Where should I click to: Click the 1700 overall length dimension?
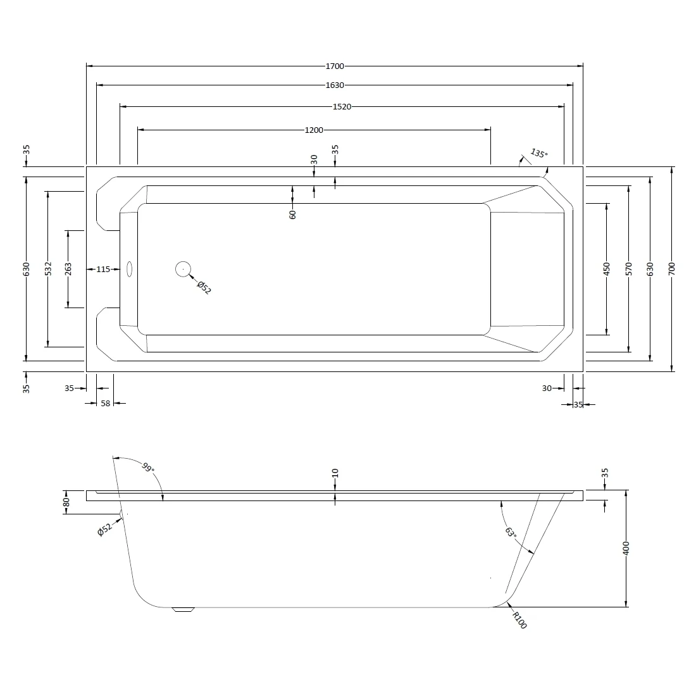[x=335, y=66]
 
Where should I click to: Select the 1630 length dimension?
[x=335, y=85]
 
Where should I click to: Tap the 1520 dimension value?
[x=342, y=106]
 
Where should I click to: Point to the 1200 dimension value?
[x=314, y=130]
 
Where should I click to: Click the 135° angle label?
[x=539, y=154]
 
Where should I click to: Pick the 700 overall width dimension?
[x=671, y=268]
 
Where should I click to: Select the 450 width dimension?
[x=607, y=268]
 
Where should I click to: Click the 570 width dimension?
[x=628, y=268]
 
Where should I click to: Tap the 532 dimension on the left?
[x=48, y=268]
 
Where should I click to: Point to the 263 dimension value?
[x=68, y=268]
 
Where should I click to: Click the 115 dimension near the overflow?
[x=103, y=270]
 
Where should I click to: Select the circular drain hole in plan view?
[x=183, y=269]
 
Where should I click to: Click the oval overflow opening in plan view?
[x=129, y=269]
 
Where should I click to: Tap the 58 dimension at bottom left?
[x=105, y=404]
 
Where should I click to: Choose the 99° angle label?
[x=148, y=468]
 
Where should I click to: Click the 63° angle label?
[x=511, y=531]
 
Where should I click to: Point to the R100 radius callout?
[x=519, y=620]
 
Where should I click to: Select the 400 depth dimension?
[x=626, y=548]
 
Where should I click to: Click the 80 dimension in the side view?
[x=66, y=502]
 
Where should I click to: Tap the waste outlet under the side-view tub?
[x=183, y=609]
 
